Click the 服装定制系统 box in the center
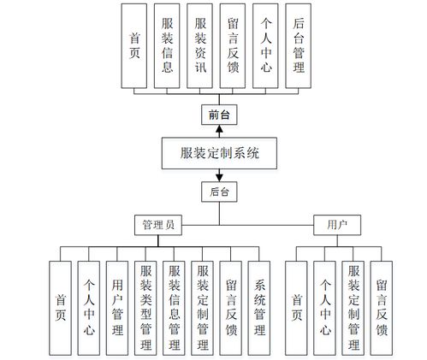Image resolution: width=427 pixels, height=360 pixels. coord(220,154)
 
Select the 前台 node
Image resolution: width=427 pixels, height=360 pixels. coord(220,114)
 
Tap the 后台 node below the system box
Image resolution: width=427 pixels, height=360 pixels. coord(220,192)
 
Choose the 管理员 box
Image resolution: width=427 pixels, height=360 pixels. coord(158,225)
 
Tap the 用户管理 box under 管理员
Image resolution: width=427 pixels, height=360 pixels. coord(118,307)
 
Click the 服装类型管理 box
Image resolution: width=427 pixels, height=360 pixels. coord(146,307)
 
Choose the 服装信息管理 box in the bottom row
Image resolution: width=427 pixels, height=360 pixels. coord(175,307)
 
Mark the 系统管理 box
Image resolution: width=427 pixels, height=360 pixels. coord(259,307)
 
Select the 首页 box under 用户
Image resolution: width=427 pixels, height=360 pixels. coord(297,307)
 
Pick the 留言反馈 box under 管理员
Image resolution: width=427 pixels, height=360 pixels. coord(231,307)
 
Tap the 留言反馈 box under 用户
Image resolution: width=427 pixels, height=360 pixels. coord(382,307)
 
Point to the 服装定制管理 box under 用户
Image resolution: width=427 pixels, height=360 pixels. coord(353,307)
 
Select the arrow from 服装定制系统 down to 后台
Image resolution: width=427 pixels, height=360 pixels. coord(220,176)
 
